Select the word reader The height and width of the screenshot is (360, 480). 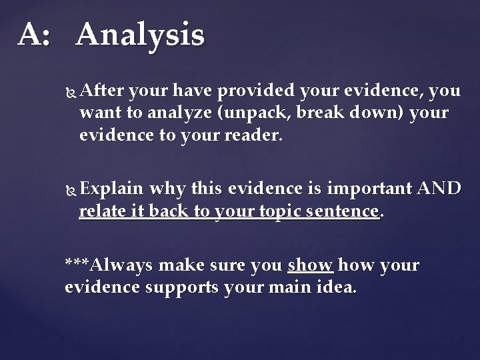(256, 136)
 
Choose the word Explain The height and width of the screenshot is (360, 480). (112, 189)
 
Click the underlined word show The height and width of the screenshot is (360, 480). (310, 265)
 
